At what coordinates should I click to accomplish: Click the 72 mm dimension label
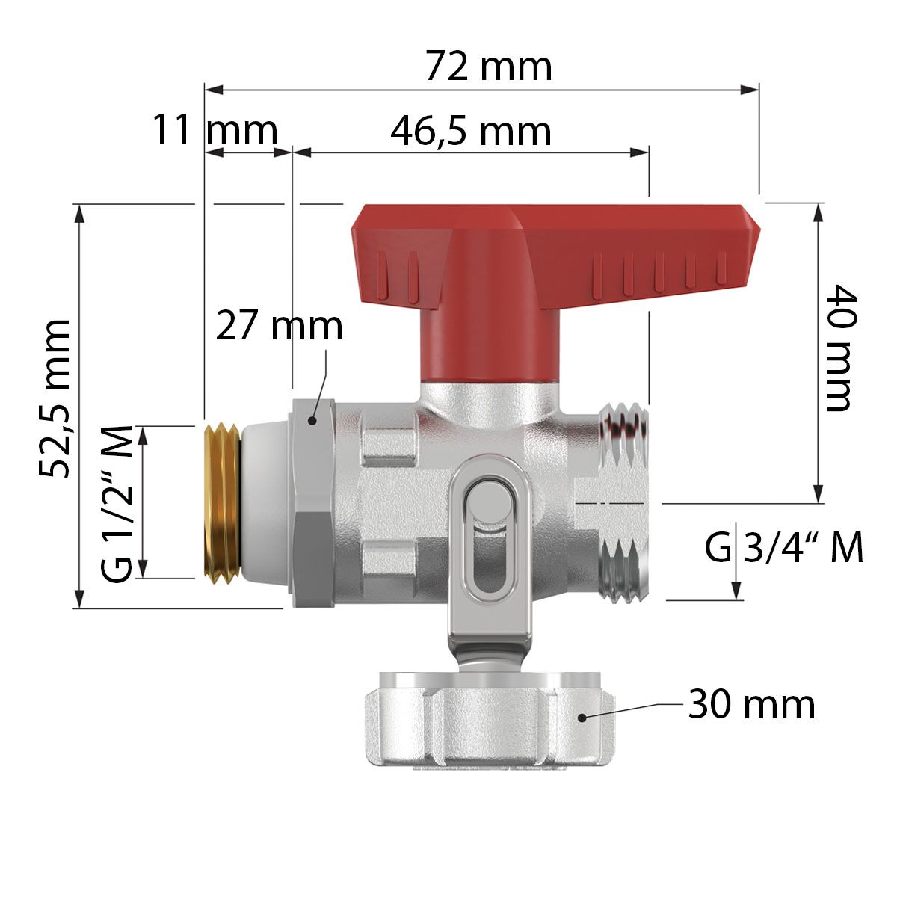coord(489,67)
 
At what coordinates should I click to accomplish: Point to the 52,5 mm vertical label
coord(55,398)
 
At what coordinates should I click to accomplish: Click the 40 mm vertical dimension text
coord(842,348)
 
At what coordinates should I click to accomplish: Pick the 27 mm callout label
coord(280,327)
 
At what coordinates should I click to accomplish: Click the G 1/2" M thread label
coord(117,503)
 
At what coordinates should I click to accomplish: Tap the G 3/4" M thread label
coord(784,547)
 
